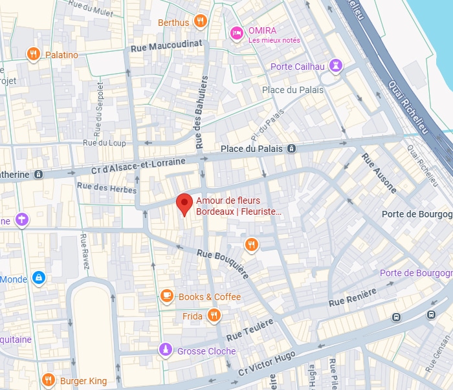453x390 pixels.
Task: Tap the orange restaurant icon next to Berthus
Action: click(201, 22)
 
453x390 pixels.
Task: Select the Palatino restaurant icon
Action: click(34, 54)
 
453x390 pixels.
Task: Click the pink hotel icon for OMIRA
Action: click(237, 32)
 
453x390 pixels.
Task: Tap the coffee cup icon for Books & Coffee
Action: click(167, 296)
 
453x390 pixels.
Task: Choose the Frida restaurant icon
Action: click(214, 316)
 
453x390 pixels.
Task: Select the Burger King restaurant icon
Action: click(48, 380)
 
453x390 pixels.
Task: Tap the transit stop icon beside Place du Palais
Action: click(292, 149)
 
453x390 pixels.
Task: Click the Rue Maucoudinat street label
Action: click(166, 46)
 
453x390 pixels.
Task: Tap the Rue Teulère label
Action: click(250, 329)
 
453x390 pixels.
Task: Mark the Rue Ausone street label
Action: click(379, 173)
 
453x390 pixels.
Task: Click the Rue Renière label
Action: click(353, 298)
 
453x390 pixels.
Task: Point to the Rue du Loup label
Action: click(104, 143)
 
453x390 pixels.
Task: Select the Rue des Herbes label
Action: click(107, 188)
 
